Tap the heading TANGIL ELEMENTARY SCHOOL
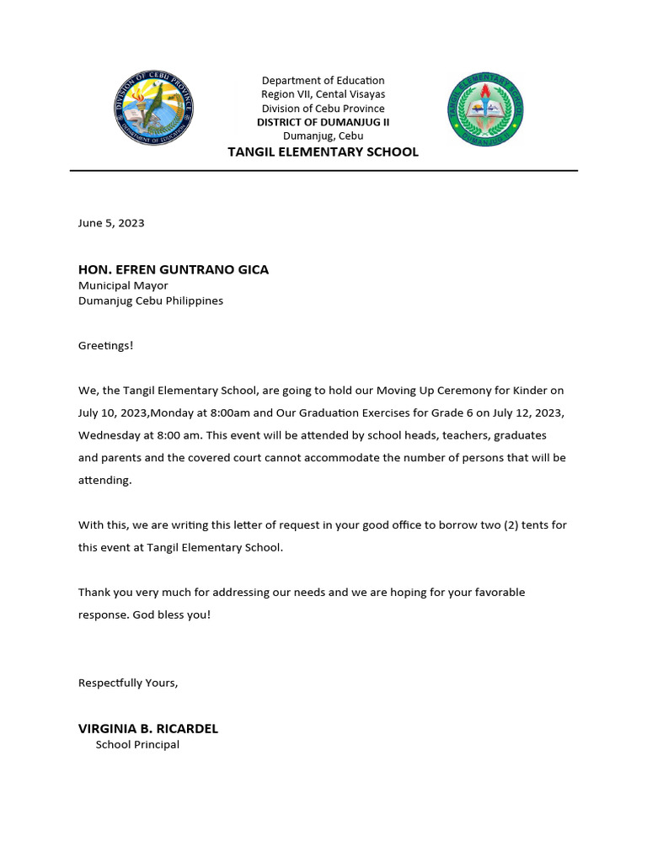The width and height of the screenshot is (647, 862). click(323, 152)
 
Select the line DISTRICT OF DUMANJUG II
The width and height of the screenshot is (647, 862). click(323, 122)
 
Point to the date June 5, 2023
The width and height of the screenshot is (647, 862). click(111, 223)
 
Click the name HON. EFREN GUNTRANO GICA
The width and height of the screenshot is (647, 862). click(174, 269)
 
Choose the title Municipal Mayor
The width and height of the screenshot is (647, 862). click(123, 285)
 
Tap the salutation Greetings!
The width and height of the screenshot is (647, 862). click(106, 345)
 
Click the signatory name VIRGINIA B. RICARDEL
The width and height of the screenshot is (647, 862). click(148, 729)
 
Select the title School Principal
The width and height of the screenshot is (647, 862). click(137, 745)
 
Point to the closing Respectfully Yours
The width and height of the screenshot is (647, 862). click(128, 683)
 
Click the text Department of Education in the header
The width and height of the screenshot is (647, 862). click(323, 81)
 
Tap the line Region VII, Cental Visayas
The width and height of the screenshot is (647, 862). click(323, 94)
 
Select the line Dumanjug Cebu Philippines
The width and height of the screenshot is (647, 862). click(151, 301)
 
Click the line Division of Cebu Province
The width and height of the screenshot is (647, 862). click(323, 109)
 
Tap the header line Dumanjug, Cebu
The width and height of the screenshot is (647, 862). click(323, 136)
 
